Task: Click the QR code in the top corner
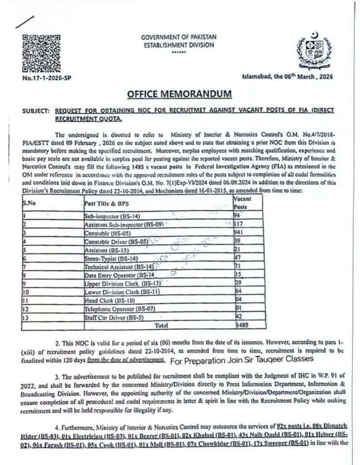(x=41, y=53)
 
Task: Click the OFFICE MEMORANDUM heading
(x=180, y=94)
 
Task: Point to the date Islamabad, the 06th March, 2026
(x=288, y=77)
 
